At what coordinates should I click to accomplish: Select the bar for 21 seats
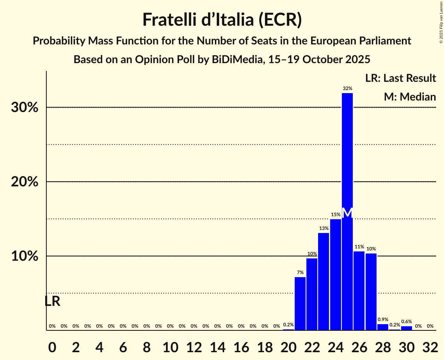[300, 304]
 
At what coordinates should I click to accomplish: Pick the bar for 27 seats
[371, 292]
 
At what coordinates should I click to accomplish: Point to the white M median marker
[347, 213]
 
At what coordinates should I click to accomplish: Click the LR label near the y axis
[52, 301]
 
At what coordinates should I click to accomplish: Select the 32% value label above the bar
[347, 88]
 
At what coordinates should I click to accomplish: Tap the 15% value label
[336, 215]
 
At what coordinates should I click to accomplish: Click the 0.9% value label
[383, 319]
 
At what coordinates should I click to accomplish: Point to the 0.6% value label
[407, 321]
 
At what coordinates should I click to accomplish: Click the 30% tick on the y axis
[25, 108]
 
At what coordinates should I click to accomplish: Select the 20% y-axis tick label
[25, 182]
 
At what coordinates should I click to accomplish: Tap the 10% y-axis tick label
[25, 256]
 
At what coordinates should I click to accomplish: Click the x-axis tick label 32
[430, 346]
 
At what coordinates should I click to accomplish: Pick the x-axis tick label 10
[170, 346]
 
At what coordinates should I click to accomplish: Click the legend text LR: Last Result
[400, 78]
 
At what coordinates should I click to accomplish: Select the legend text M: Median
[410, 97]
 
